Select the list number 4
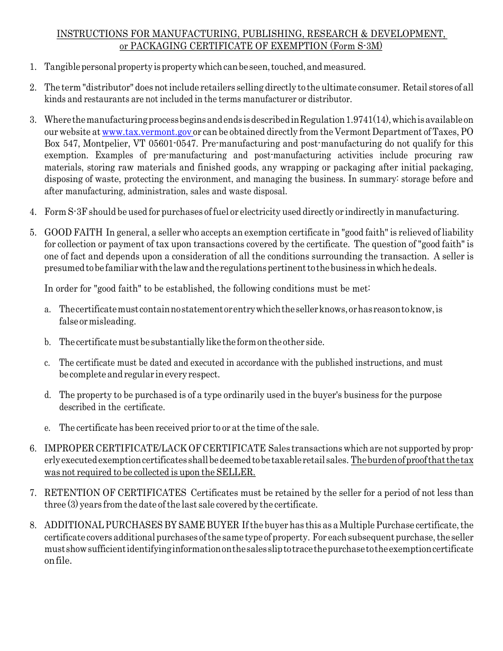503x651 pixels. (x=33, y=212)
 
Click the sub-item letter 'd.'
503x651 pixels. (x=48, y=395)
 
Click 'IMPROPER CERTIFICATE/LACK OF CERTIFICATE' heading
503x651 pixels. (x=155, y=449)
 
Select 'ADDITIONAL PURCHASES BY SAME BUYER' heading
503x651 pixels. (x=141, y=525)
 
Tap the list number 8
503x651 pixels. (x=33, y=525)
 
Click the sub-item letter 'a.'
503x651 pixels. (x=48, y=310)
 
